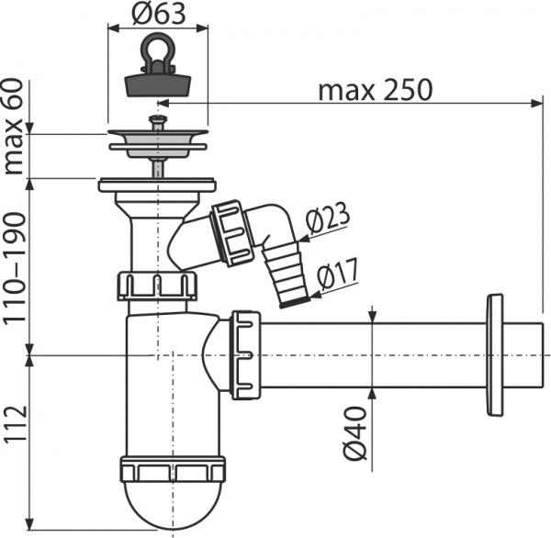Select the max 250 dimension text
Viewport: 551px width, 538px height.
[374, 91]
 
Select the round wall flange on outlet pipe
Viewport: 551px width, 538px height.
[495, 355]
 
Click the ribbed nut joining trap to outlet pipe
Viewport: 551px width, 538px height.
[246, 354]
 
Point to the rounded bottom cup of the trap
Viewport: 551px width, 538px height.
[173, 505]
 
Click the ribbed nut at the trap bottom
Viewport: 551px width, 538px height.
[173, 471]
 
